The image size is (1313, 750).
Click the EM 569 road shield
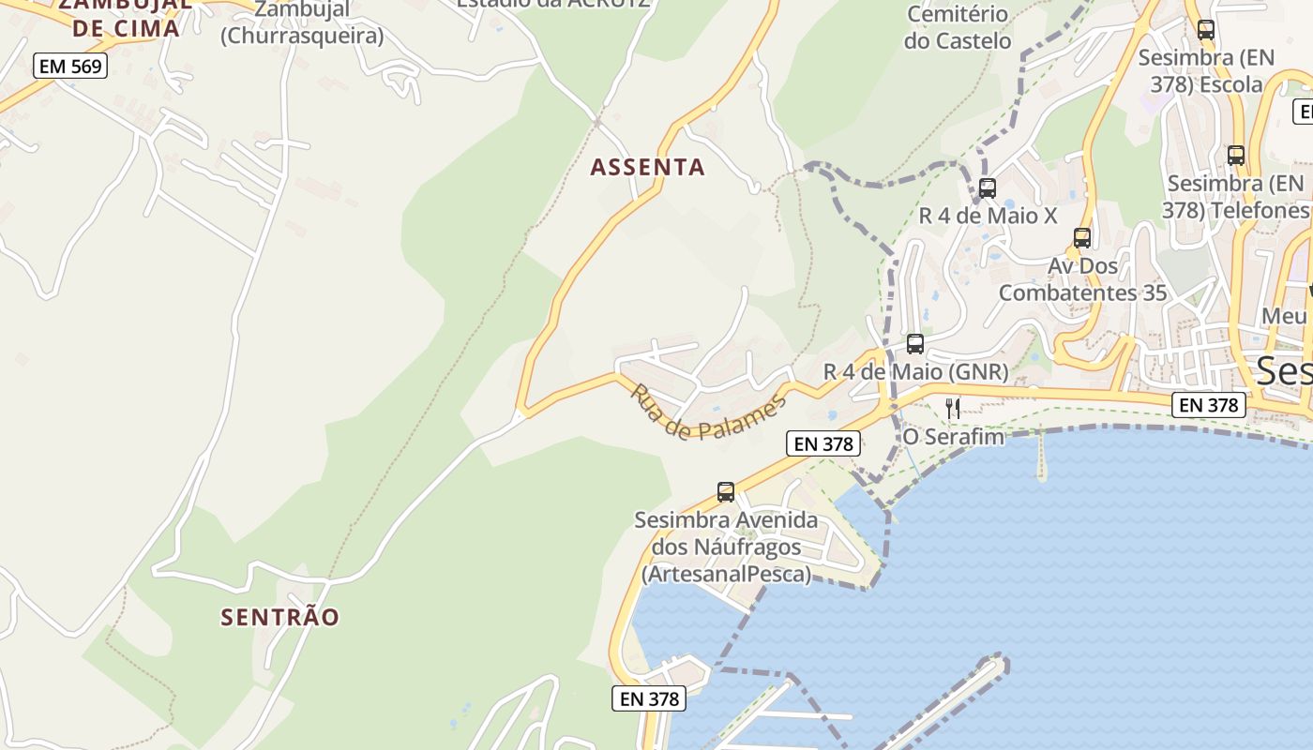coord(70,66)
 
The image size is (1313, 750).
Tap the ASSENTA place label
coord(647,168)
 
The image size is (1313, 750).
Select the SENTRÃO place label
coord(279,617)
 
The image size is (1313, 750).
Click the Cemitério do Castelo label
coord(958,27)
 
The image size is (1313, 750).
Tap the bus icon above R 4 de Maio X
coord(987,188)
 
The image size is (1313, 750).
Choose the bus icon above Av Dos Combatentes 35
coord(1082,238)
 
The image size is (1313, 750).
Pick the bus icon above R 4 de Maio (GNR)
coord(915,344)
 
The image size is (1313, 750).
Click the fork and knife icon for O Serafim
coord(953,408)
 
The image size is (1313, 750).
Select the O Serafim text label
coord(953,437)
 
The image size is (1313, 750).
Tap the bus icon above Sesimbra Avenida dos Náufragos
coord(726,492)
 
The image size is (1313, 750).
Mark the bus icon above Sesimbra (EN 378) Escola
coord(1206,30)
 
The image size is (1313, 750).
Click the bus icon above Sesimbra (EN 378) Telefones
coord(1236,156)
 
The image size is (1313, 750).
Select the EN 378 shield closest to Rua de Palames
coord(823,443)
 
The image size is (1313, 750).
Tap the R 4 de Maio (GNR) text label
coord(915,372)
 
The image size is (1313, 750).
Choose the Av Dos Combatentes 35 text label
coord(1082,279)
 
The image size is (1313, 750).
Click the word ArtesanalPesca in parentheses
coord(727,574)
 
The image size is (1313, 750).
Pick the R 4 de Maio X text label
coord(987,216)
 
